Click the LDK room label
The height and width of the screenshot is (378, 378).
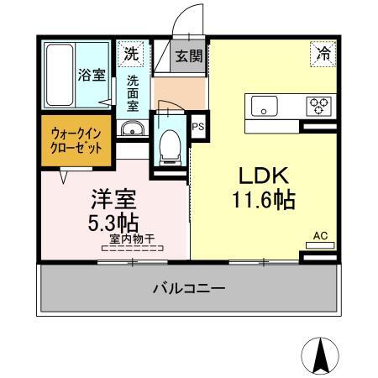265,176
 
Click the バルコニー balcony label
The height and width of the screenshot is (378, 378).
188,288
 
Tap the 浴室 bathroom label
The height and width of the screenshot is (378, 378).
92,75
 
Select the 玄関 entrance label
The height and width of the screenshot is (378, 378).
188,56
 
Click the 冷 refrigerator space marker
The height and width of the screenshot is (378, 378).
323,53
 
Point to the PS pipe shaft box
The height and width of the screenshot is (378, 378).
198,127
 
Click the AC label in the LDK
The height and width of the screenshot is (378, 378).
319,236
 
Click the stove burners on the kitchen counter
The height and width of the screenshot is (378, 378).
318,106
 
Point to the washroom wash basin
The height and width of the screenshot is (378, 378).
131,129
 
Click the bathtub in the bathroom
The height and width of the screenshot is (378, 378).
58,74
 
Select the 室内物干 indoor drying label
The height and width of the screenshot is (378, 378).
132,239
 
